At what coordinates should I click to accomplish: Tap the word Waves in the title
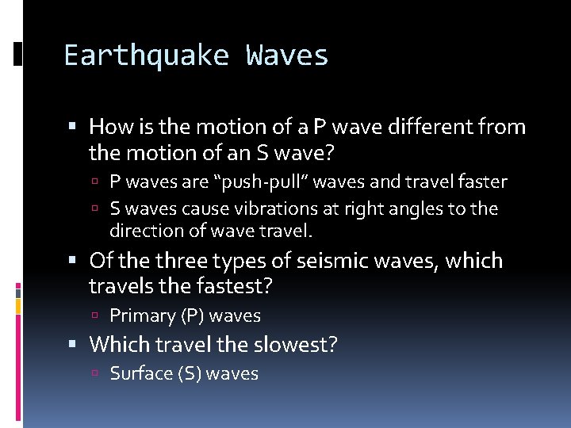click(x=287, y=55)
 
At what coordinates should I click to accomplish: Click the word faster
click(x=480, y=182)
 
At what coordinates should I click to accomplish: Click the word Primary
click(x=143, y=315)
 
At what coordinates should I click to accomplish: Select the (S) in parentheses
click(x=189, y=373)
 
